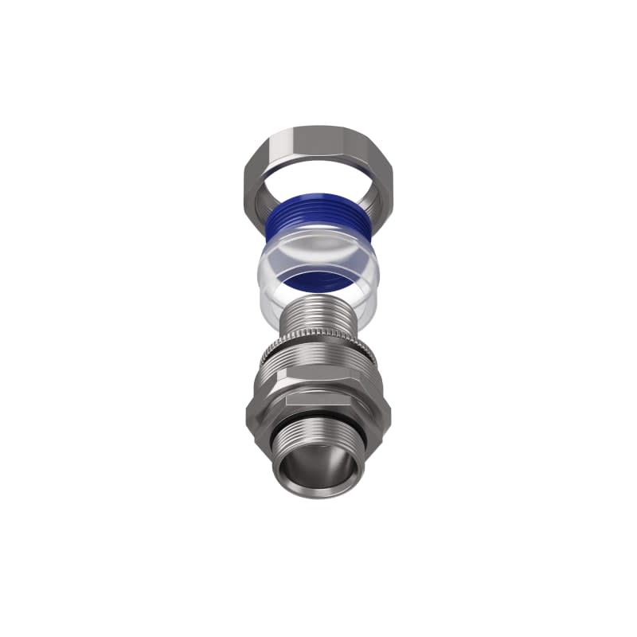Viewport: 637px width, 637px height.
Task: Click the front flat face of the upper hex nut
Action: click(318, 136)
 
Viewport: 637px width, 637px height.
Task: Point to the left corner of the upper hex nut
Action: click(244, 179)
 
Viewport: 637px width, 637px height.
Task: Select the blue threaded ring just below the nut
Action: click(318, 212)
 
